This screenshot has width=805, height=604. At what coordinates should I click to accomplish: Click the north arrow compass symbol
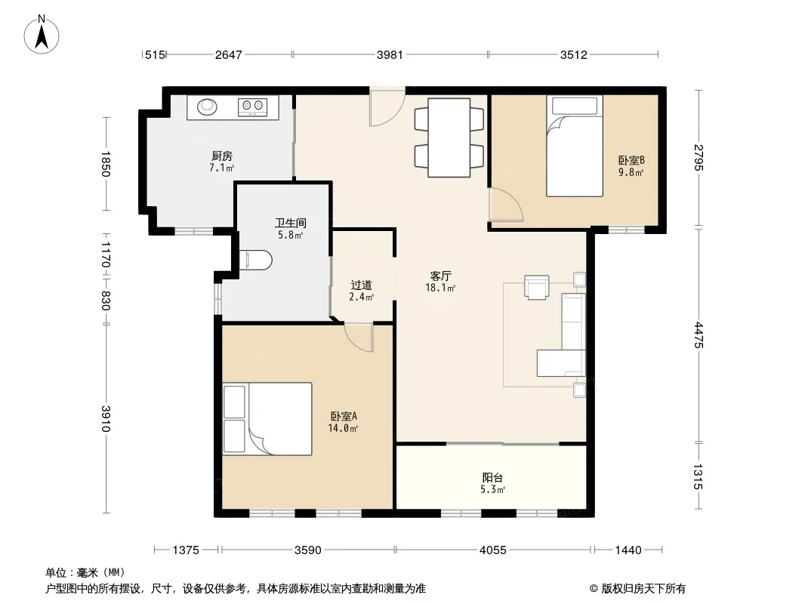pyautogui.click(x=42, y=34)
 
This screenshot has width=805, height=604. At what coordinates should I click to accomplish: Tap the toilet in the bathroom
pyautogui.click(x=255, y=260)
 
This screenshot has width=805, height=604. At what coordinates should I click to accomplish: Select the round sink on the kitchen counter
pyautogui.click(x=208, y=106)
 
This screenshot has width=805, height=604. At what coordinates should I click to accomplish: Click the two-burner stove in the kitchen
pyautogui.click(x=252, y=106)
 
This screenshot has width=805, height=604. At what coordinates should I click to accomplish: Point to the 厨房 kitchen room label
pyautogui.click(x=222, y=156)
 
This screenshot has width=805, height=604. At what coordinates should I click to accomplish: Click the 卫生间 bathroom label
pyautogui.click(x=290, y=223)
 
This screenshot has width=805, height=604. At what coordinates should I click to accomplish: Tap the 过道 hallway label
pyautogui.click(x=361, y=285)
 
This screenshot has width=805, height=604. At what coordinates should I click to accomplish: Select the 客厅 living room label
pyautogui.click(x=440, y=276)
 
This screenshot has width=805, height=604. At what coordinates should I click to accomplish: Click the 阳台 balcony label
pyautogui.click(x=492, y=478)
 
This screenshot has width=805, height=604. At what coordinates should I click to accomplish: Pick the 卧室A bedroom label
pyautogui.click(x=344, y=416)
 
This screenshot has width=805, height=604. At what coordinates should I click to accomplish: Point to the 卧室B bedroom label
pyautogui.click(x=631, y=160)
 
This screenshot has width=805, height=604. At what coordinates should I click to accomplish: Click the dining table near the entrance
pyautogui.click(x=449, y=137)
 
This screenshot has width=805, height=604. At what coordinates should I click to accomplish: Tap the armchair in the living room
pyautogui.click(x=536, y=287)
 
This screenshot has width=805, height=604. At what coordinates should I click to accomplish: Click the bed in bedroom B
pyautogui.click(x=575, y=146)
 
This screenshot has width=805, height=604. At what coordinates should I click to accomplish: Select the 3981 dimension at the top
pyautogui.click(x=390, y=54)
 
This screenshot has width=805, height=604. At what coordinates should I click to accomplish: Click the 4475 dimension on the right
pyautogui.click(x=699, y=334)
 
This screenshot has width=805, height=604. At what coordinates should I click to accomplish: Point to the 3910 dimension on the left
pyautogui.click(x=106, y=419)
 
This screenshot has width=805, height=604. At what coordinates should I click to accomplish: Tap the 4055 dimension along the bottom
pyautogui.click(x=493, y=550)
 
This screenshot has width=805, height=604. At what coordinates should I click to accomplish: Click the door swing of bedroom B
pyautogui.click(x=507, y=205)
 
